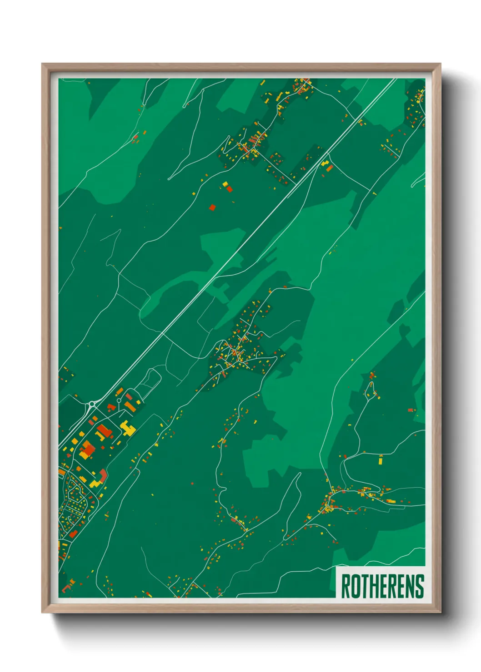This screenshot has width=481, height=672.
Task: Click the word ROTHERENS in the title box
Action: click(x=382, y=586)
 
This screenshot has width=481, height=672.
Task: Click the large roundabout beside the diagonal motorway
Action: click(x=92, y=404)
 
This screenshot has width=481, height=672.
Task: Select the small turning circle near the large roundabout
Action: click(x=119, y=400)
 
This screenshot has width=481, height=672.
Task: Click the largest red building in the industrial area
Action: click(x=104, y=431)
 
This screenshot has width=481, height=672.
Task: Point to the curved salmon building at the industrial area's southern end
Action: click(x=103, y=475)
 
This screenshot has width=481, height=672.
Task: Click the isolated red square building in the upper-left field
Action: click(x=212, y=208)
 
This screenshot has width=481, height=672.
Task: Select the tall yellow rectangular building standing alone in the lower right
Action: click(x=381, y=460)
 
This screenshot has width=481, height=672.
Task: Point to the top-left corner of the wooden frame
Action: click(x=43, y=64)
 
